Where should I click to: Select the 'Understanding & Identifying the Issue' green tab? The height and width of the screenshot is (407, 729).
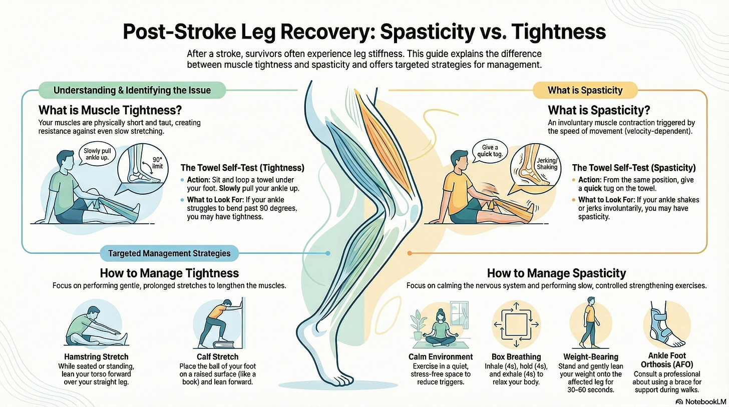click(x=132, y=91)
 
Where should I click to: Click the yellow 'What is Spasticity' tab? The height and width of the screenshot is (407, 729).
click(x=585, y=91)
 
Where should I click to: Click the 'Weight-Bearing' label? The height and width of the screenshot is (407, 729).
click(x=590, y=357)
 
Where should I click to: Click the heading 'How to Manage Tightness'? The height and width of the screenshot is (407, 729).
click(x=169, y=273)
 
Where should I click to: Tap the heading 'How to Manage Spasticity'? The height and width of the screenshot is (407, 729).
click(x=556, y=273)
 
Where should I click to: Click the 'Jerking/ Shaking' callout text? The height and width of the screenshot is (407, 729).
click(x=546, y=164)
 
